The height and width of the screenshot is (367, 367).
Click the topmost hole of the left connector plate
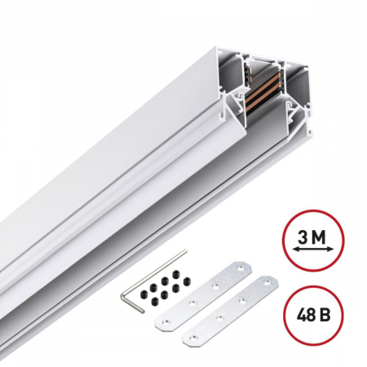click(x=241, y=265)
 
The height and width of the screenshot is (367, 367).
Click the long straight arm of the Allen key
click(x=130, y=290)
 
